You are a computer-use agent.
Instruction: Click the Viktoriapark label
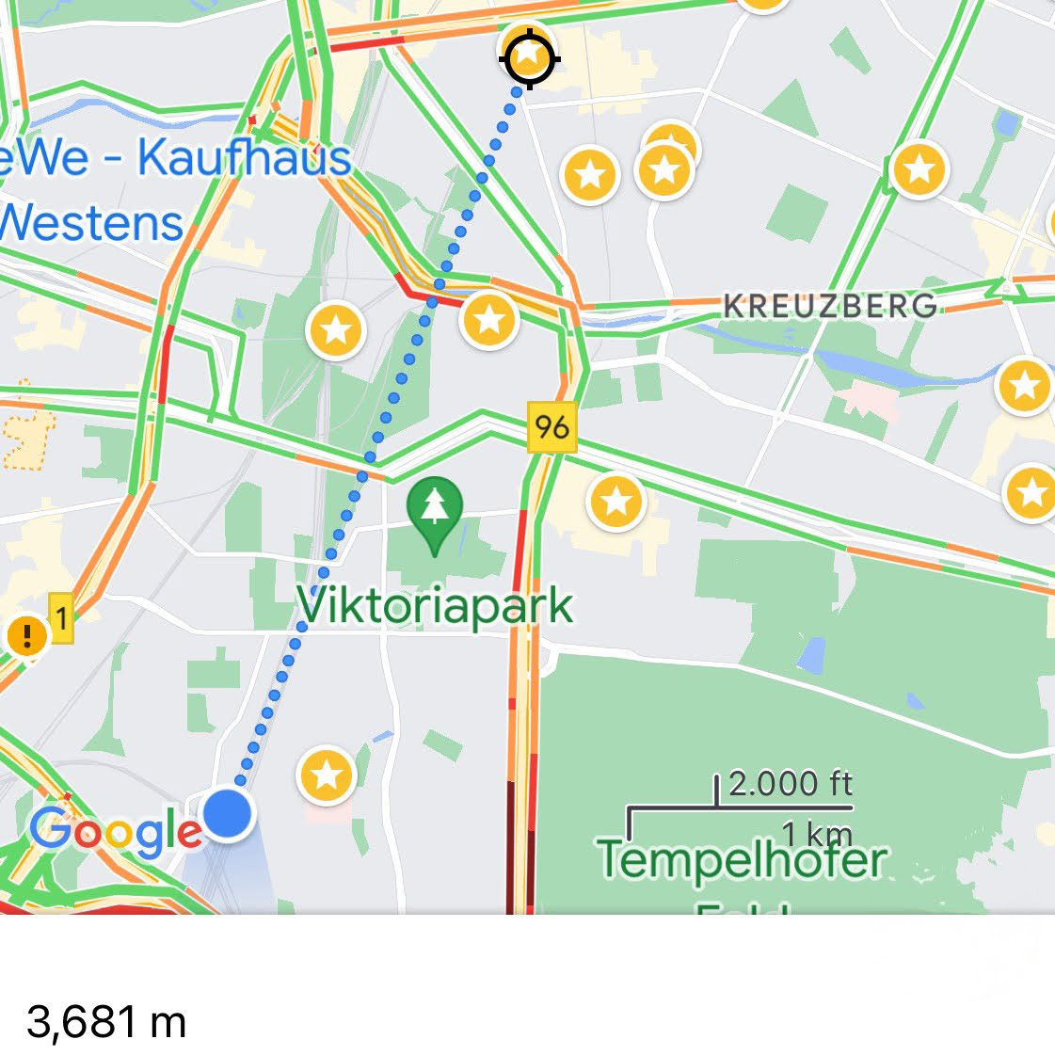click(x=435, y=606)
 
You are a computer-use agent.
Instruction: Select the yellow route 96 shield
click(x=551, y=427)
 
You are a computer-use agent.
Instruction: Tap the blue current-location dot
click(x=228, y=813)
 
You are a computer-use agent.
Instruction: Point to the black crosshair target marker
click(x=529, y=58)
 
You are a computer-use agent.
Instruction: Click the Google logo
click(x=115, y=832)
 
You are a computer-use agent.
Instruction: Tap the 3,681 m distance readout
click(x=106, y=1022)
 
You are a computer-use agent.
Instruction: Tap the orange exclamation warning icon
click(x=27, y=636)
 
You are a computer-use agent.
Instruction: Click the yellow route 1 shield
click(x=61, y=618)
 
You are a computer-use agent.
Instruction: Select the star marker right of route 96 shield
click(x=616, y=501)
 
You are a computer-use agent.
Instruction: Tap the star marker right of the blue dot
click(x=327, y=775)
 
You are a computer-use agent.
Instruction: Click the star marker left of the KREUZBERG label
click(x=489, y=319)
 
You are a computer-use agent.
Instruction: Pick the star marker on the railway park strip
click(x=336, y=329)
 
